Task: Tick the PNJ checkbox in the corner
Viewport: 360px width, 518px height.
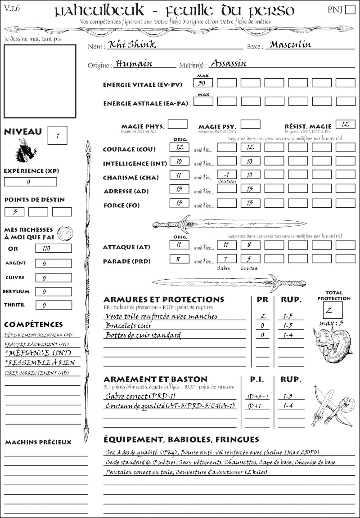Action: [349, 10]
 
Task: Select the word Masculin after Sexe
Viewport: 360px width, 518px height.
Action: [290, 45]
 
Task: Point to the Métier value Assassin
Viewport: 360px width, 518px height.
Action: [229, 63]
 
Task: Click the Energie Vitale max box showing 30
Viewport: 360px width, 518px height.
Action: [203, 83]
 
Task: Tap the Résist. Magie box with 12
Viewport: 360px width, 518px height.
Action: [345, 125]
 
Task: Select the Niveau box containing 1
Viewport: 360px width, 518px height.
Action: [58, 135]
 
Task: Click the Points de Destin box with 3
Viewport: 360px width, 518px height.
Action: [14, 212]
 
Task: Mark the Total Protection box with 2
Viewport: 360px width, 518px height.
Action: [333, 310]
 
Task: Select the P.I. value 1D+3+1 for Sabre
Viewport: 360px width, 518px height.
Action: [257, 396]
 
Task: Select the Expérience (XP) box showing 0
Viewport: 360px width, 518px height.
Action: [30, 182]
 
